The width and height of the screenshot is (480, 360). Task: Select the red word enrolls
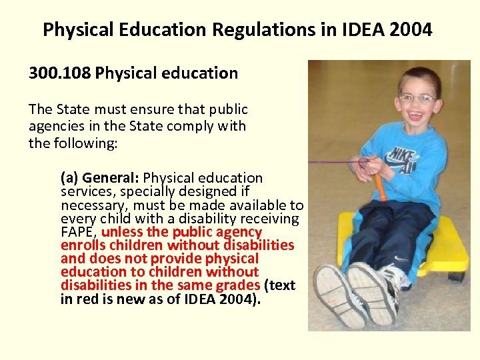(x=82, y=245)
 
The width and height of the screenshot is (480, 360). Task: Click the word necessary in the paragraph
(x=91, y=205)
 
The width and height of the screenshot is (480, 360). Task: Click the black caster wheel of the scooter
(x=456, y=275)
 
